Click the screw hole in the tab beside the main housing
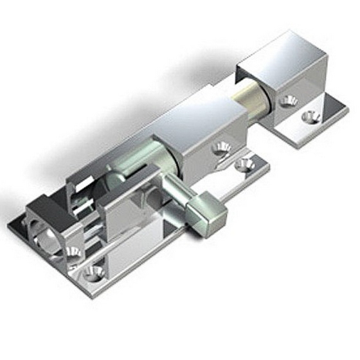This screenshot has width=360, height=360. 244,165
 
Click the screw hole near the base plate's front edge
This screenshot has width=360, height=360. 96,271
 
